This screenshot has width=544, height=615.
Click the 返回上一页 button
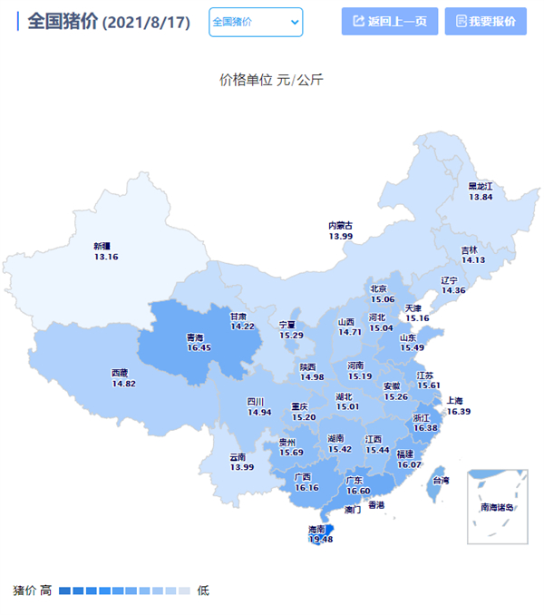click(390, 21)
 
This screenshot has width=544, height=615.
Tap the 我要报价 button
click(485, 21)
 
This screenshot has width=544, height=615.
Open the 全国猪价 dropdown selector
click(256, 22)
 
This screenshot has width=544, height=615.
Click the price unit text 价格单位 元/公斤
click(271, 80)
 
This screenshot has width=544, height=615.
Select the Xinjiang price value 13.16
click(106, 257)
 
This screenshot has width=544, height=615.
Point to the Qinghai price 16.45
click(199, 347)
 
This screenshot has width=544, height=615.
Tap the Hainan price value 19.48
click(320, 540)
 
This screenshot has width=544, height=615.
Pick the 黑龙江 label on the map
click(480, 186)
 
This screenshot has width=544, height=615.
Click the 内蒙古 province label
click(341, 225)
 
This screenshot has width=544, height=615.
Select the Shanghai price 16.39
click(459, 411)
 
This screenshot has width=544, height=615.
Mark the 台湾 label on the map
click(439, 480)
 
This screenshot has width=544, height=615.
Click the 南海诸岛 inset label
click(498, 507)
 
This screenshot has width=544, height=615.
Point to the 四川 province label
click(256, 401)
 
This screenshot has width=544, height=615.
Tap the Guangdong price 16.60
click(358, 491)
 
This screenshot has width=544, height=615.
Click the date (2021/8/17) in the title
click(147, 23)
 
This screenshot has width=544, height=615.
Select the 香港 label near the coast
click(375, 504)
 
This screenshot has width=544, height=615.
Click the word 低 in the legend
click(203, 591)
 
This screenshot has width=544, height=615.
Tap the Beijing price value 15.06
click(383, 299)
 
